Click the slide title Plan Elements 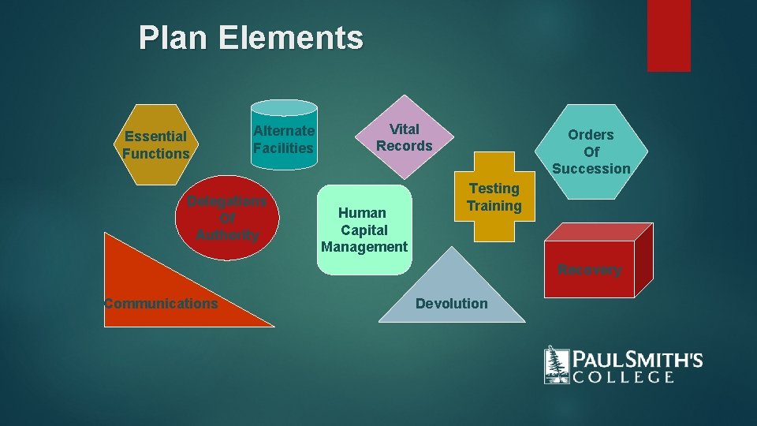(251, 38)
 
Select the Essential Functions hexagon (156, 144)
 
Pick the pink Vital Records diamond (404, 137)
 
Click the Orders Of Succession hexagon (591, 150)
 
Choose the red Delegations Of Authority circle (226, 218)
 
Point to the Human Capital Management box (364, 230)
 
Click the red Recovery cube (591, 264)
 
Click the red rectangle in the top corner (669, 35)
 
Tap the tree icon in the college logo (557, 364)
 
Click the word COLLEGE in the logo (623, 377)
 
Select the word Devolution (451, 304)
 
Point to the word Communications (160, 303)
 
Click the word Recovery (589, 270)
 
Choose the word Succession (591, 169)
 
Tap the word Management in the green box (364, 247)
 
